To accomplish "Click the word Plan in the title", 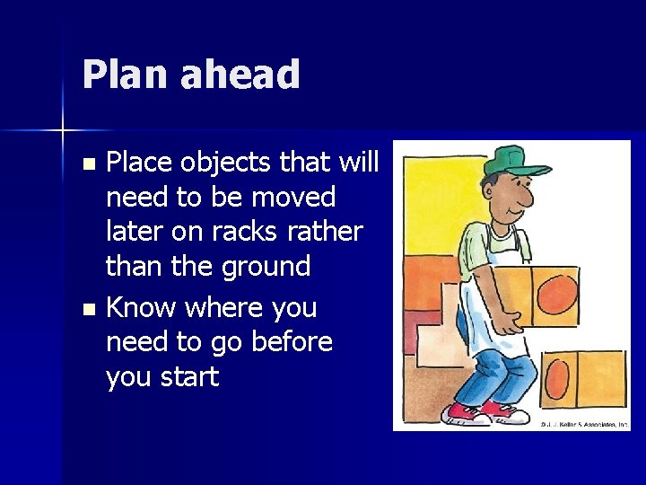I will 125,75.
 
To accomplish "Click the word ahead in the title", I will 240,75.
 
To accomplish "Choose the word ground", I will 266,267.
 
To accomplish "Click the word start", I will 185,377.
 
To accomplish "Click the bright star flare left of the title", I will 64,131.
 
